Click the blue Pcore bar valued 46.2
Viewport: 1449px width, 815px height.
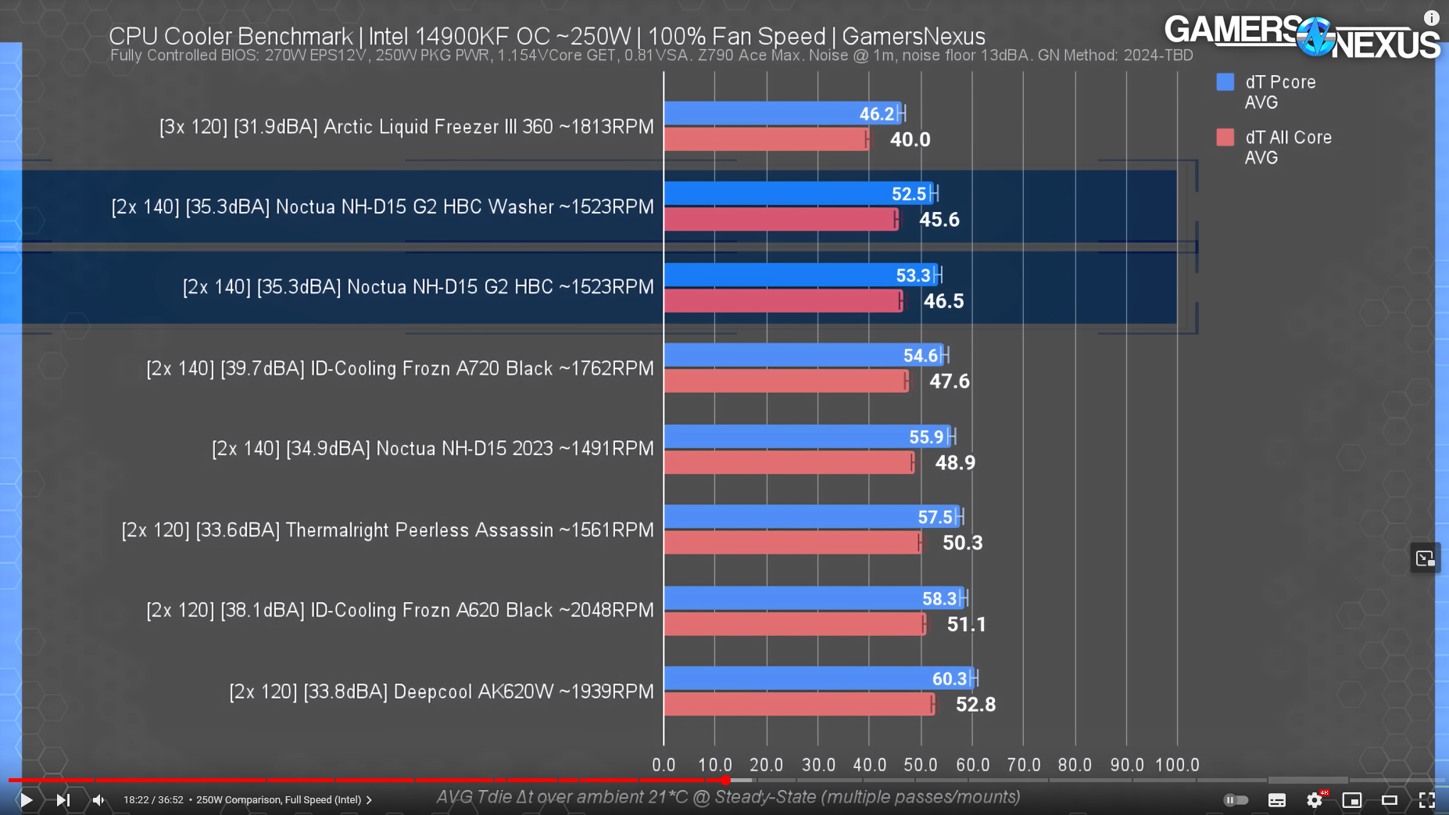782,113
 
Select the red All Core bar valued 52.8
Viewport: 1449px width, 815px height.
798,704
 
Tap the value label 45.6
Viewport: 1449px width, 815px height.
939,220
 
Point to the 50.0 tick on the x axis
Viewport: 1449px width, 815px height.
921,765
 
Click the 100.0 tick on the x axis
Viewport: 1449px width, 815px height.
1177,765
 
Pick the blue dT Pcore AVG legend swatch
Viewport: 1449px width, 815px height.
1225,82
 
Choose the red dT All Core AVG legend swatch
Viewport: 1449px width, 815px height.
1225,138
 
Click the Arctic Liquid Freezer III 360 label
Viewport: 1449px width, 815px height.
406,127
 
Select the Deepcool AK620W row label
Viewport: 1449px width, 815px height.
441,691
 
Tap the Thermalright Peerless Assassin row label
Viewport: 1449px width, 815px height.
388,530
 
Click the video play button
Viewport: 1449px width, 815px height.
26,799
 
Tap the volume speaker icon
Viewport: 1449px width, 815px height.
98,799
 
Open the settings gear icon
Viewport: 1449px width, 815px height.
1315,799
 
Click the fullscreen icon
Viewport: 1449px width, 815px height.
1426,799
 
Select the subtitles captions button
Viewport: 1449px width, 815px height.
1277,799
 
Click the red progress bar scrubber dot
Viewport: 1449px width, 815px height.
726,780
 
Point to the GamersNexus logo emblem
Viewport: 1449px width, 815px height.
1316,36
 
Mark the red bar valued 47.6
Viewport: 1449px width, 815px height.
785,381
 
